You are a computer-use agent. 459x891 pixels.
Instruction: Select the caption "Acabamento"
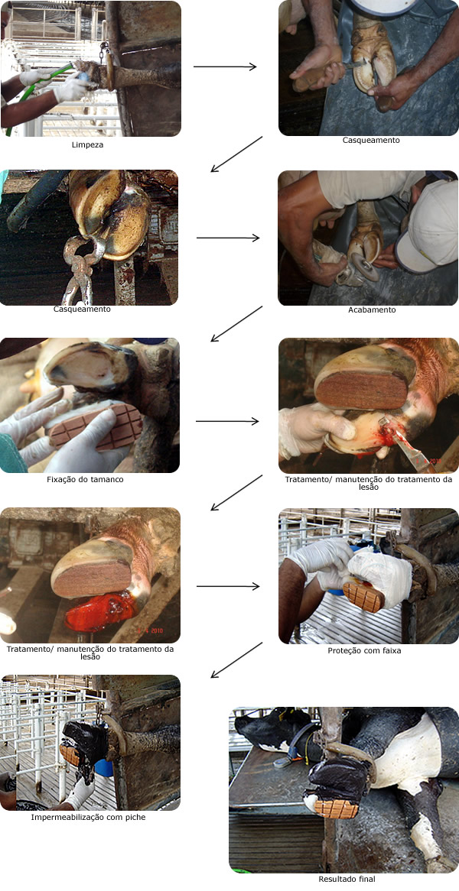tap(369, 310)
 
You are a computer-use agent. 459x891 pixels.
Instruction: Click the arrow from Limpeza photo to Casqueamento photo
tap(225, 67)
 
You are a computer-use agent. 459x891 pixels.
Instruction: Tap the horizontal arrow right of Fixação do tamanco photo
tap(227, 421)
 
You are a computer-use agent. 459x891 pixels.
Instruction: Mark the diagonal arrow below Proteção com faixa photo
tap(236, 659)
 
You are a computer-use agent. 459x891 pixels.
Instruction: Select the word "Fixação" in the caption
tap(63, 479)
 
